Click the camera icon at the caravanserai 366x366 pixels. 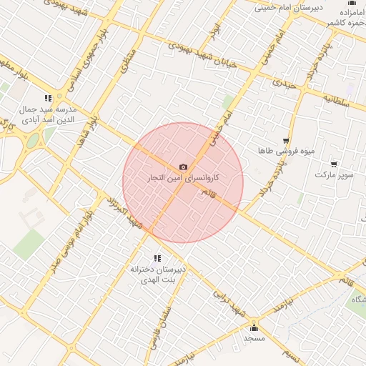pos(183,167)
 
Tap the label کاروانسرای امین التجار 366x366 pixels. pos(183,177)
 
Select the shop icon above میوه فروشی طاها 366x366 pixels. pos(286,142)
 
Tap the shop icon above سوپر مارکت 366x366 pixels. pos(334,164)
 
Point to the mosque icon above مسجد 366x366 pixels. pos(253,327)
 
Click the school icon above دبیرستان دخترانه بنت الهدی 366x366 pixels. pos(157,258)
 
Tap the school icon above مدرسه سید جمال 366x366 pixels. pos(48,98)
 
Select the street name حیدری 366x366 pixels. pos(282,84)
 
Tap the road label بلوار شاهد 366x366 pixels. pos(89,131)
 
